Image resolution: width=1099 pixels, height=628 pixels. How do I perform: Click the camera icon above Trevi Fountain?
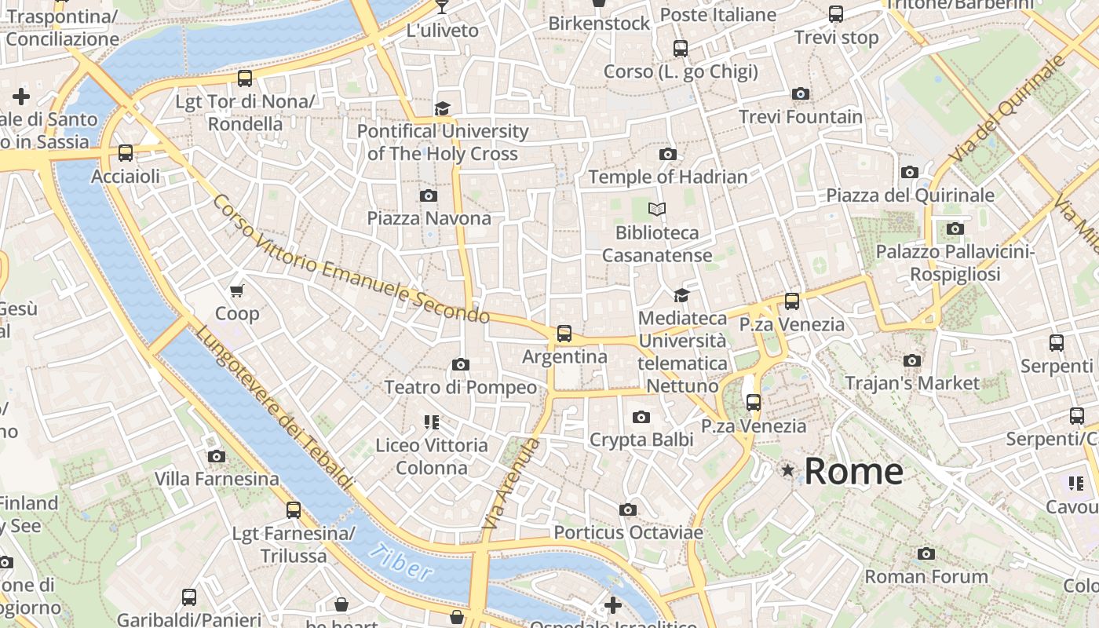pos(801,94)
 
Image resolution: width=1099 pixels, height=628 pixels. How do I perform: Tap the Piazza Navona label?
pos(429,218)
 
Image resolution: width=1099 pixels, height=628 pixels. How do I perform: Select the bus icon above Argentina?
pos(564,334)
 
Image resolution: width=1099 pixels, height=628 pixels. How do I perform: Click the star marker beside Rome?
pos(787,470)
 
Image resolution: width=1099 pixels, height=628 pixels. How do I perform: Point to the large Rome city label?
pos(853,471)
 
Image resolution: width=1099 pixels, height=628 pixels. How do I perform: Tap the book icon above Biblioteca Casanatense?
pos(656,210)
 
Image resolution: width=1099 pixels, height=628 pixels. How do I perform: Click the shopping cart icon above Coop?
pos(237,290)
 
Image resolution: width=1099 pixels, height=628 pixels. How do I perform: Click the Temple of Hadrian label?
pos(667,177)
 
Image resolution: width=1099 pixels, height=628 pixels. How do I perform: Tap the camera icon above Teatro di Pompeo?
pos(461,364)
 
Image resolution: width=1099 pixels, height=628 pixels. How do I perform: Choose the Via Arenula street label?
pos(510,482)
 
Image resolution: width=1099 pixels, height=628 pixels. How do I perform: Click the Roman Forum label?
pos(926,577)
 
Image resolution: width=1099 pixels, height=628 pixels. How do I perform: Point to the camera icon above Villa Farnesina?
pos(216,456)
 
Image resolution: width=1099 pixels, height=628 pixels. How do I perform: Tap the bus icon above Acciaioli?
pos(126,153)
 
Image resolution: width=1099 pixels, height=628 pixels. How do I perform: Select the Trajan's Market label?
pos(912,383)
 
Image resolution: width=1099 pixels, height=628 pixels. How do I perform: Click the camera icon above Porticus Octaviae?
pos(627,510)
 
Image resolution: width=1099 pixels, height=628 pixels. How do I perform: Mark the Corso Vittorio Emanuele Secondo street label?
pos(350,260)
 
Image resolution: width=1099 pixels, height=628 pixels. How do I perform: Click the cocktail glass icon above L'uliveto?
pos(442,7)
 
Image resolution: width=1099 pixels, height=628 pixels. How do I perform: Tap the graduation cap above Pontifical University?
pos(443,108)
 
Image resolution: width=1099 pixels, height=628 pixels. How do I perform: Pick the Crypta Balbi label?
pos(641,440)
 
